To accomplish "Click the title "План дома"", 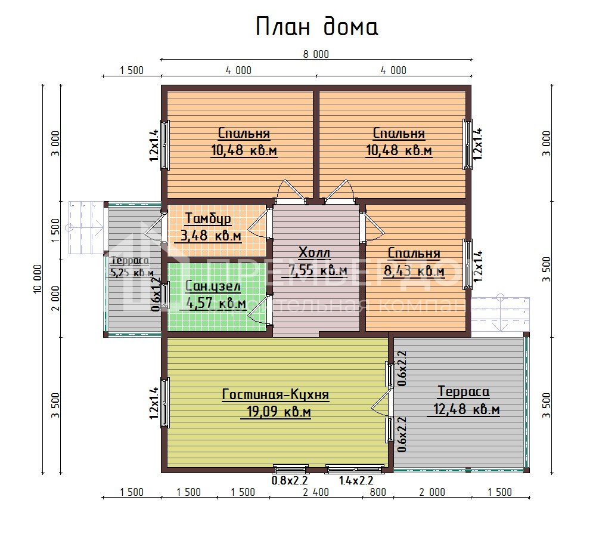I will (316, 27).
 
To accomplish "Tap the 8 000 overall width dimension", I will (316, 54).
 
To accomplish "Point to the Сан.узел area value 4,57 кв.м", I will (216, 304).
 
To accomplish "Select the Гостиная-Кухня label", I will (275, 394).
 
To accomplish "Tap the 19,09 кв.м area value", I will (275, 412).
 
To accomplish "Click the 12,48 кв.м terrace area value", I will (463, 410).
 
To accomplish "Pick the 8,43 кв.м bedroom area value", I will (415, 271).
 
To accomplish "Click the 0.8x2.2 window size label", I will (289, 480).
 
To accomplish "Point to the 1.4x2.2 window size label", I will (355, 480).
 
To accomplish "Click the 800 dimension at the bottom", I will (377, 492).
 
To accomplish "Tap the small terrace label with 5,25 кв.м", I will (131, 267).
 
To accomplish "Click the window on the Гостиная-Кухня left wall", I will (164, 403).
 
